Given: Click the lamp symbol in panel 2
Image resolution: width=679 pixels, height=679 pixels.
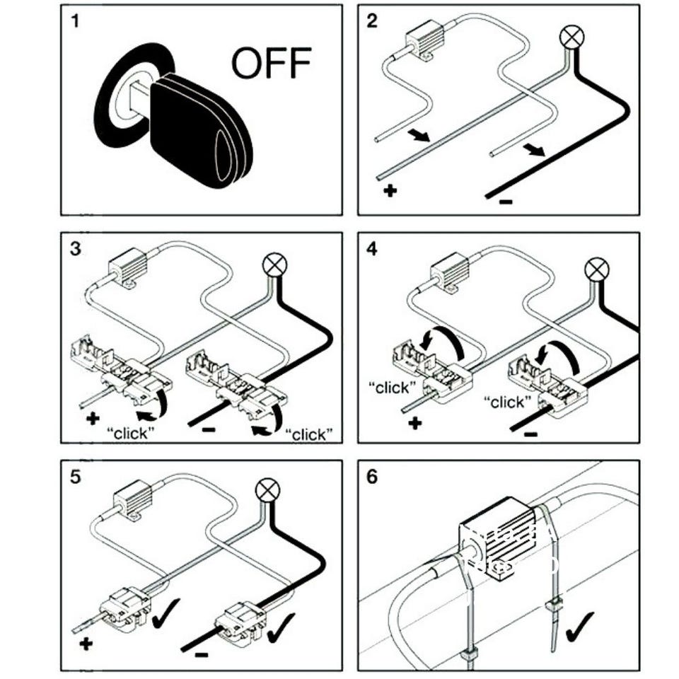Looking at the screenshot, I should (570, 36).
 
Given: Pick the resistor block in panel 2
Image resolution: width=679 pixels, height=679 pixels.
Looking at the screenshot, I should (422, 43).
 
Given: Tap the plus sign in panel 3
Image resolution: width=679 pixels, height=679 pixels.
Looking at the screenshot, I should (93, 419).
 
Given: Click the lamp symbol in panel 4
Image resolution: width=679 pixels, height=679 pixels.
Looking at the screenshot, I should (598, 269).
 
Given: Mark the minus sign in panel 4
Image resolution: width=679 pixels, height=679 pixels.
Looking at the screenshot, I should (530, 433).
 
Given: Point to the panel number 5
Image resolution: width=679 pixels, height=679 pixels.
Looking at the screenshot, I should (76, 476).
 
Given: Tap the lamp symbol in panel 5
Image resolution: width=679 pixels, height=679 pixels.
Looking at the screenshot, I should (265, 489).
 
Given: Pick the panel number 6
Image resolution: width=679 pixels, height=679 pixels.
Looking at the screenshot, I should (373, 476).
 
